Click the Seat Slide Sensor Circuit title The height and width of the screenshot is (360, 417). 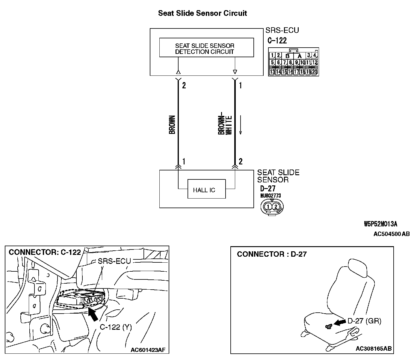(203, 13)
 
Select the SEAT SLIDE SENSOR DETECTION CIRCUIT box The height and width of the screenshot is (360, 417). (206, 48)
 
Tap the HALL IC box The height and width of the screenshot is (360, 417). (206, 189)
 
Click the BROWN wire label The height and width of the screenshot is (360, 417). (172, 124)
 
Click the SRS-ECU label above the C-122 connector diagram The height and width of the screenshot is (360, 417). (282, 30)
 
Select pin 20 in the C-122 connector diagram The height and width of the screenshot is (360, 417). (315, 72)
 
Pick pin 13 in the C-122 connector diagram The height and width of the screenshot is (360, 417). (272, 72)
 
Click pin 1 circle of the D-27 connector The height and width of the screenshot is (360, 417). (269, 206)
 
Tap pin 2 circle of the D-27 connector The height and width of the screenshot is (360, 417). (276, 206)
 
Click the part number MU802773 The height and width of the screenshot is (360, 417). (271, 196)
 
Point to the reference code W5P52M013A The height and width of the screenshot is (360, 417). (380, 224)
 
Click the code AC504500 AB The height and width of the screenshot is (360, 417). (392, 234)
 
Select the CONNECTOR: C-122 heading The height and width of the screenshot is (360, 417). (45, 252)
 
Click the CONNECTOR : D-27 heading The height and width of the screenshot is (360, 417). (272, 254)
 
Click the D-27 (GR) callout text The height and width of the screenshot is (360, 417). (364, 321)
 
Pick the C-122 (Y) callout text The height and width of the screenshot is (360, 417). (116, 327)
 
